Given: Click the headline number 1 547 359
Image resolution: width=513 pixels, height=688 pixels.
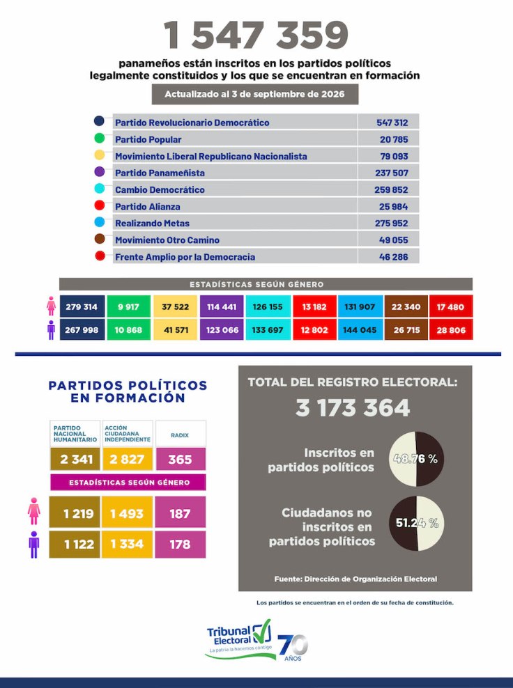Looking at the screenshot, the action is click(256, 35).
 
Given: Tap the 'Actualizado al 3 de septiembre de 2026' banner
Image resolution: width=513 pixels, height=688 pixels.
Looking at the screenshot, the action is click(254, 94).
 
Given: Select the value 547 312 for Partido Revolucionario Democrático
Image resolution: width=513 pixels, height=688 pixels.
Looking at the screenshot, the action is click(392, 123).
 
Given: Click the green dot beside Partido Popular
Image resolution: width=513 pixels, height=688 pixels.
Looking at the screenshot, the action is click(100, 138).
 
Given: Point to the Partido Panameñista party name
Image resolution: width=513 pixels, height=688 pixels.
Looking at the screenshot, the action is click(160, 173).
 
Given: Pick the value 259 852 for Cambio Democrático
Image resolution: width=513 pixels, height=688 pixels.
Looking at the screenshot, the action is click(391, 190).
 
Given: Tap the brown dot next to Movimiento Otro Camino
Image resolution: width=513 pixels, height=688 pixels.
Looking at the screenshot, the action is click(100, 238).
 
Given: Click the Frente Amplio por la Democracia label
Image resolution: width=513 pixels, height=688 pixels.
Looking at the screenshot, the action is click(185, 257).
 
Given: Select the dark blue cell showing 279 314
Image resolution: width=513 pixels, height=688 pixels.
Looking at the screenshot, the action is click(82, 306).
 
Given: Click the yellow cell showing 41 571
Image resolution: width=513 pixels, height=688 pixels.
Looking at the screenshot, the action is click(176, 329).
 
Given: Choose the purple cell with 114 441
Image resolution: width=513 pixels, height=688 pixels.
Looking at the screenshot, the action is click(222, 306).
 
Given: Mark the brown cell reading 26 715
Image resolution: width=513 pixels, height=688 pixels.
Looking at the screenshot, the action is click(406, 329).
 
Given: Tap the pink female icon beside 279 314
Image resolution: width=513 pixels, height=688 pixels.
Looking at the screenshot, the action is click(52, 306).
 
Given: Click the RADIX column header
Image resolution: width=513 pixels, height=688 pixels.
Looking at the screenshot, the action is click(180, 435).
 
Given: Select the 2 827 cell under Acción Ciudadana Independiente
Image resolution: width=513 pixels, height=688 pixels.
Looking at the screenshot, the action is click(128, 459).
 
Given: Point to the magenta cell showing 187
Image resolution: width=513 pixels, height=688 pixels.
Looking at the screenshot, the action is click(180, 513).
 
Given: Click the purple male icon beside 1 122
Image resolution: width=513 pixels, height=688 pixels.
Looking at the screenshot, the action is click(34, 545).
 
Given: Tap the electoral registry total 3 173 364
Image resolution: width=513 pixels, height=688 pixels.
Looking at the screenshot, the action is click(353, 407).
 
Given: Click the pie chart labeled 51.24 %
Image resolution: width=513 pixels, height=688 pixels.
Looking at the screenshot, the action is click(417, 523).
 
